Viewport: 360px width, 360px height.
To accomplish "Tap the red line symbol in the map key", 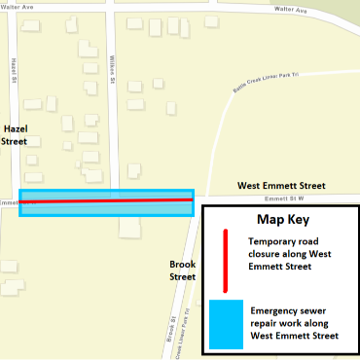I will [226, 260].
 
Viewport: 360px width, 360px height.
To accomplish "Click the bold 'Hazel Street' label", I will [15, 134].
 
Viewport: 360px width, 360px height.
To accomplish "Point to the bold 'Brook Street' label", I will [183, 270].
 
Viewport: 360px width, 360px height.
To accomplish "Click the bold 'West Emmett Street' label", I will [283, 186].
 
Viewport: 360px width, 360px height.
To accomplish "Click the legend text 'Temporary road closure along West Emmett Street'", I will [294, 253].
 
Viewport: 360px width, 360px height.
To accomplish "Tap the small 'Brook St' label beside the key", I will [171, 325].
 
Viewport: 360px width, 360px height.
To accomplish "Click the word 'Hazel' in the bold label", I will [15, 127].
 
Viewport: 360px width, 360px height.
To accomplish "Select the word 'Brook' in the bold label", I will [183, 264].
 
